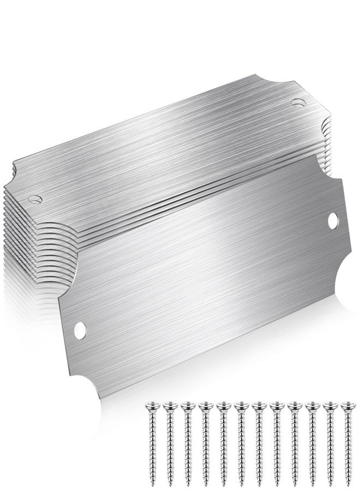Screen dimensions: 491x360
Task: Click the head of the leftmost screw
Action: tap(151, 406)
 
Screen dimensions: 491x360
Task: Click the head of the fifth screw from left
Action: tap(221, 406)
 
